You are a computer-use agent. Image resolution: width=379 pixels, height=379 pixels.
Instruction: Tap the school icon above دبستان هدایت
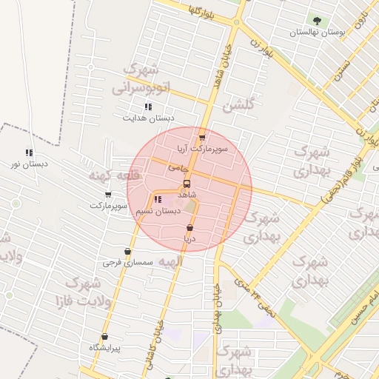click(148, 107)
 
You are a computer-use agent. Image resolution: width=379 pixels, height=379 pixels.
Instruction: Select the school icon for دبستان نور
click(30, 152)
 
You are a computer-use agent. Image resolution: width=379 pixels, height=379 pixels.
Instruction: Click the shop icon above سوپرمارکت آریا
click(201, 138)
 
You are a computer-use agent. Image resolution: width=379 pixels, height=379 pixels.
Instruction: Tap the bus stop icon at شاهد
click(186, 183)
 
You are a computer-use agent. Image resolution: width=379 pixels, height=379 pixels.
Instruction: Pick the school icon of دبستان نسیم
click(157, 199)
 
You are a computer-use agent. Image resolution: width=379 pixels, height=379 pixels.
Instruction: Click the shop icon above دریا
click(190, 228)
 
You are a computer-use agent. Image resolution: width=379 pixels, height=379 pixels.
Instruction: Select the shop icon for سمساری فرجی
click(127, 252)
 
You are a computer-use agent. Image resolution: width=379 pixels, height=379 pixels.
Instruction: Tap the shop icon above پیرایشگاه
click(104, 336)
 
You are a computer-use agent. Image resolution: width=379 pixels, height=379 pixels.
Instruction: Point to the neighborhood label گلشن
click(238, 105)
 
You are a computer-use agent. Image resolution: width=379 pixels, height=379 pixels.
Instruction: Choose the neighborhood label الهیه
click(164, 261)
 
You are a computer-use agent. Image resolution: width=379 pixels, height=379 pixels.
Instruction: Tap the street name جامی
click(178, 168)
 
